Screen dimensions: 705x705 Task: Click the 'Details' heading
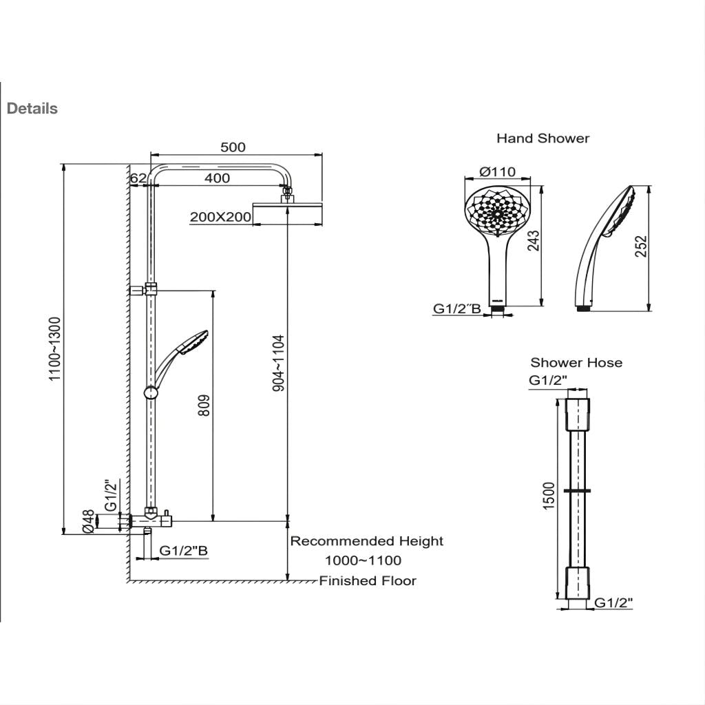(32, 109)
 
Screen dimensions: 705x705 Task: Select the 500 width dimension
(233, 147)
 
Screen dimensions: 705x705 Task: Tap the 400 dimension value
(217, 178)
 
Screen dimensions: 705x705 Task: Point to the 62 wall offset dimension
(138, 178)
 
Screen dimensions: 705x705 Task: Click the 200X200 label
(220, 217)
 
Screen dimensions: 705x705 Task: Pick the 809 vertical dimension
(204, 406)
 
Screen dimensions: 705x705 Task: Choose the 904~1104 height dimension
(278, 364)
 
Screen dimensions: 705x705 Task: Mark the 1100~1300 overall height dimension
(56, 348)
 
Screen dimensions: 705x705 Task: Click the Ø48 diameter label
(88, 521)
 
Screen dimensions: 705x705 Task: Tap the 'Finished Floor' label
(368, 581)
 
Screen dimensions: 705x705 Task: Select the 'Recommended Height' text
(366, 541)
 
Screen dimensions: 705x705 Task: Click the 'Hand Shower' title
(543, 138)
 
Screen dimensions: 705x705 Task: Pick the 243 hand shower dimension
(532, 241)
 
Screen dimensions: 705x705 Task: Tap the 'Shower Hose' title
(576, 363)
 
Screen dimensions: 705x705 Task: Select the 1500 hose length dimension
(549, 496)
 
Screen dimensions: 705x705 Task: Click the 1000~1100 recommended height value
(363, 560)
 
